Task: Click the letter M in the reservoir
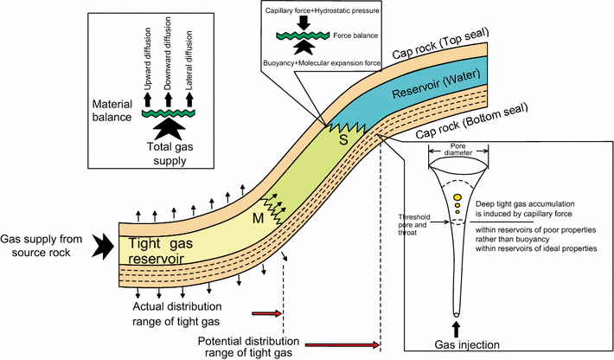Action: click(259, 216)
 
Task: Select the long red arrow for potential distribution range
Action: click(343, 345)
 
